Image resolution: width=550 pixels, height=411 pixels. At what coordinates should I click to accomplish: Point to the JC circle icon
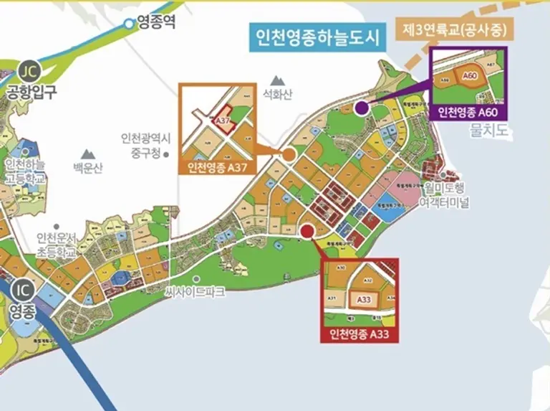click(x=28, y=72)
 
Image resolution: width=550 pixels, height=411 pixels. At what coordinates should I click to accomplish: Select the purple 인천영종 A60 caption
click(x=468, y=111)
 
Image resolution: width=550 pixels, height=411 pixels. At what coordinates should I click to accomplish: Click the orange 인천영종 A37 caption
click(x=217, y=168)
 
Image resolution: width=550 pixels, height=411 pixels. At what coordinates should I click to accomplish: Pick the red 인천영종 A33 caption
click(x=359, y=334)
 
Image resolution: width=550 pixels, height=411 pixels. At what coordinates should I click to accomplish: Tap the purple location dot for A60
click(x=362, y=108)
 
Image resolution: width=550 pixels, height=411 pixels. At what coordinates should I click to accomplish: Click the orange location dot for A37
click(x=289, y=153)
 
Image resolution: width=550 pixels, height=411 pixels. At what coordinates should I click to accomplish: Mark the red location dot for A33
click(x=307, y=230)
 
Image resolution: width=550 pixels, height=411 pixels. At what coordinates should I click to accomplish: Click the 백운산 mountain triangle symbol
click(x=87, y=154)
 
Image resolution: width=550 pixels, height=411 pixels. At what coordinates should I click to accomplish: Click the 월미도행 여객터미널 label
click(x=445, y=196)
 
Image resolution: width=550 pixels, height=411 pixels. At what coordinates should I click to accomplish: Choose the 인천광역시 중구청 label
click(x=143, y=145)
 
